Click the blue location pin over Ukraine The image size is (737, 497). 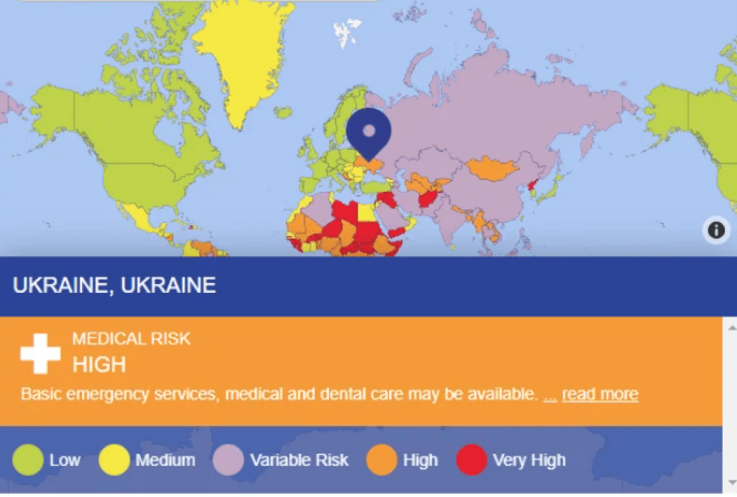click(x=368, y=131)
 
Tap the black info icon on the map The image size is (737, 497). click(x=716, y=231)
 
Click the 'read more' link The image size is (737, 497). click(x=599, y=394)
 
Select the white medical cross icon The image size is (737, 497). click(x=41, y=353)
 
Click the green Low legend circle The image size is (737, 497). click(x=28, y=460)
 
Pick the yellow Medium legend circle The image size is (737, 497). click(x=114, y=460)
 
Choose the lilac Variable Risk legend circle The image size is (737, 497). click(x=228, y=460)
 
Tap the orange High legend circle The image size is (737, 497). click(x=381, y=460)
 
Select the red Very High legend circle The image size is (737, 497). click(x=472, y=460)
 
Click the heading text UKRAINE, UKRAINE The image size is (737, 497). click(x=114, y=285)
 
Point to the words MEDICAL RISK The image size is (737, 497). click(x=131, y=338)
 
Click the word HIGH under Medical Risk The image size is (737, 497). click(x=99, y=364)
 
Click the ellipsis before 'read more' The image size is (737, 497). click(x=550, y=395)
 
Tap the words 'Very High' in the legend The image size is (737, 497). click(x=529, y=460)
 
